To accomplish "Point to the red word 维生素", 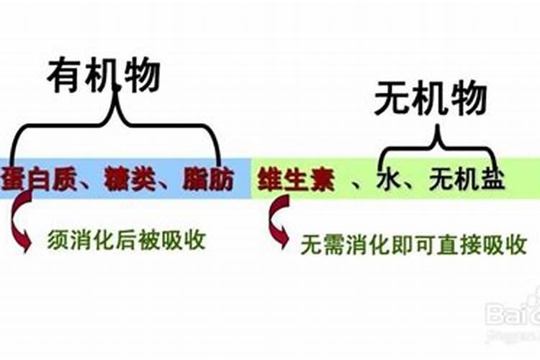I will (297, 180).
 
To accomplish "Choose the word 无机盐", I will (466, 180).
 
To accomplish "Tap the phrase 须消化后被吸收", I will (127, 239).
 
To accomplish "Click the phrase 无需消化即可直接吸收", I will (413, 245).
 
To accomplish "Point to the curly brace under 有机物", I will (115, 126).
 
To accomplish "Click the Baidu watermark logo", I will (513, 313).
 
